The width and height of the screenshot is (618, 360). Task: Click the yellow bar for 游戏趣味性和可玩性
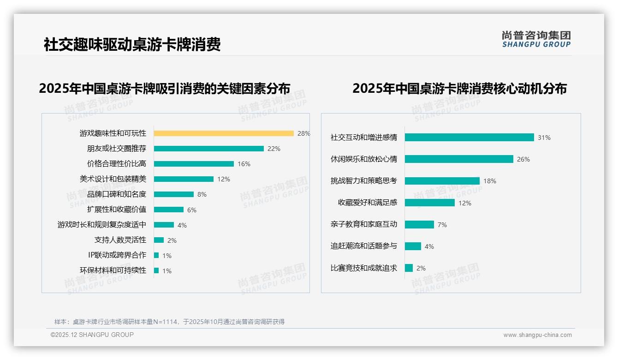pos(224,133)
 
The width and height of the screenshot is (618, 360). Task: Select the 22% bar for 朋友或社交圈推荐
pos(209,149)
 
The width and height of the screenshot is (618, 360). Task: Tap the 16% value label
pos(244,164)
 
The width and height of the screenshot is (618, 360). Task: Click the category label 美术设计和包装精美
pos(113,179)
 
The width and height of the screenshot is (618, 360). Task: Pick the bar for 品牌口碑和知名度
pos(174,194)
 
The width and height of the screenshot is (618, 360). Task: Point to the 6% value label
pos(192,210)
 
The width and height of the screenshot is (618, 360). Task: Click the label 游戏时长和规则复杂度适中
pos(102,225)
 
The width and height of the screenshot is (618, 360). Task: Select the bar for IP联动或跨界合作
pos(156,255)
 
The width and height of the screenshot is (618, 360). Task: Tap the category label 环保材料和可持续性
pos(113,270)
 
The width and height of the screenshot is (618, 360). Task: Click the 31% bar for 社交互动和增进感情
pos(469,138)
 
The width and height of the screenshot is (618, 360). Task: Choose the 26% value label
pos(523,159)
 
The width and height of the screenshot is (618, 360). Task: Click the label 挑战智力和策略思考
pos(364,181)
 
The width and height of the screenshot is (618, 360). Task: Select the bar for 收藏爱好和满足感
pos(430,203)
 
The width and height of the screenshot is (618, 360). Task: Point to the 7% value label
pos(442,225)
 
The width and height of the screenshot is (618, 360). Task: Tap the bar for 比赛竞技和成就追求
pos(409,268)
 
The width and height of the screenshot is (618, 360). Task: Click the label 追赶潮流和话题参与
pos(364,246)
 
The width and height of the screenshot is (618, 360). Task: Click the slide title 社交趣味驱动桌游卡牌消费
pos(132,44)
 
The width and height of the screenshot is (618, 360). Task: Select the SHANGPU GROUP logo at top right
pos(536,39)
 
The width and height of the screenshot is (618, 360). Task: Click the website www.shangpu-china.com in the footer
pos(537,335)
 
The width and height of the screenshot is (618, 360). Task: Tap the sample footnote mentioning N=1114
pos(169,322)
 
